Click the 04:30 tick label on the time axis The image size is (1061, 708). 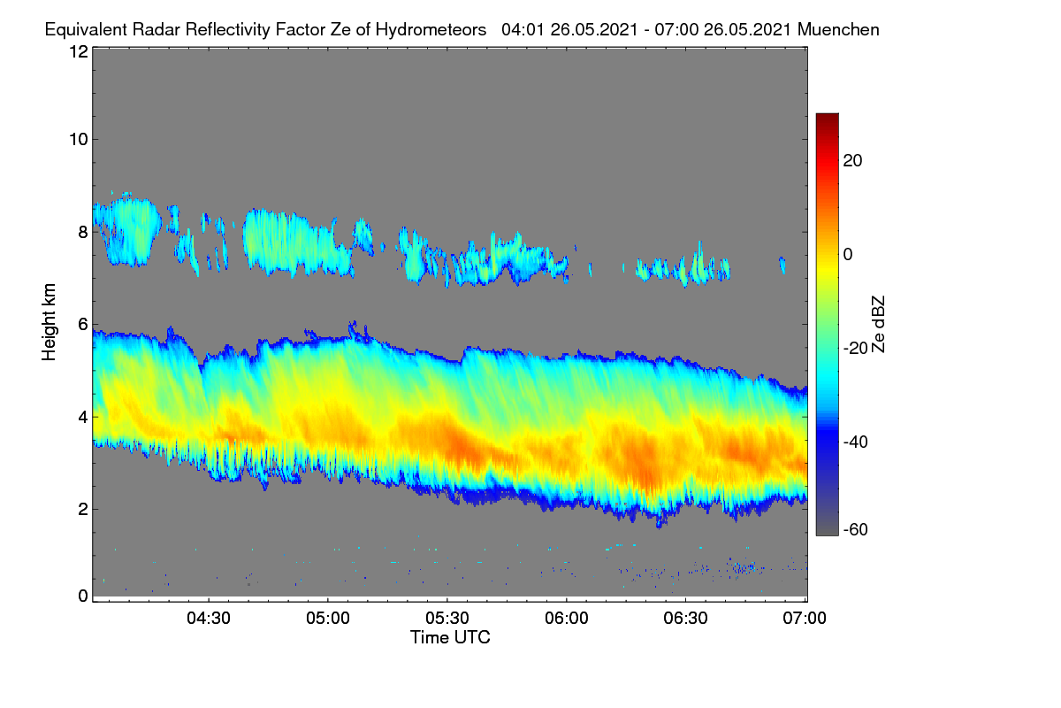tap(209, 619)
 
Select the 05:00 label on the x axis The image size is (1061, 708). tap(328, 619)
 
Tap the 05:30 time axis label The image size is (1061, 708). tap(447, 619)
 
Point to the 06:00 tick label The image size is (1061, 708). tap(567, 619)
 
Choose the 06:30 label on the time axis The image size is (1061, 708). tap(685, 619)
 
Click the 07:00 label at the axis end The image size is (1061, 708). tap(805, 619)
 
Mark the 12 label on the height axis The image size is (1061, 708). tap(79, 51)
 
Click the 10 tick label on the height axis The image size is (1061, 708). tap(79, 140)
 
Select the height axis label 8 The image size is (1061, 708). tap(83, 233)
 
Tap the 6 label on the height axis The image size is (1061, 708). tap(83, 325)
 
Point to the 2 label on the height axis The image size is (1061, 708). tap(83, 509)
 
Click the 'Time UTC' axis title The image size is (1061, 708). tap(450, 637)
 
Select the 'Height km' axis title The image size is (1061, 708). tap(49, 322)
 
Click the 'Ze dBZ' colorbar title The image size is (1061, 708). tap(878, 325)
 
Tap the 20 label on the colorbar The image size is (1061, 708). tap(852, 161)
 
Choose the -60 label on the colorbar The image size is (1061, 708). tap(856, 530)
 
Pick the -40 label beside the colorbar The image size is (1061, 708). tap(856, 442)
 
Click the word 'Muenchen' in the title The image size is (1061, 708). tap(838, 30)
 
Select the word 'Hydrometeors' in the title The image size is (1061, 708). tap(431, 30)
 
